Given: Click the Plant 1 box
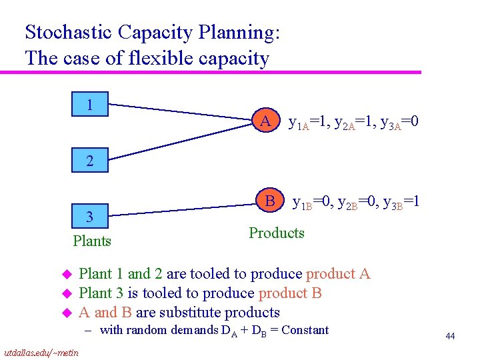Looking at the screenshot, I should tap(89, 105).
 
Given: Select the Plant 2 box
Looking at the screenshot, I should tap(89, 161).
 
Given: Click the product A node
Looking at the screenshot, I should tap(265, 121).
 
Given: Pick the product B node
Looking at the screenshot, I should tap(270, 200).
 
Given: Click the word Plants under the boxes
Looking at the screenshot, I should tap(92, 241).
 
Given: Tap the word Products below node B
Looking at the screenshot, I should tap(276, 233).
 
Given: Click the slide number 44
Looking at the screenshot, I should tap(450, 337).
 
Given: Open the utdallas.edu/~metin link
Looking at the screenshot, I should tap(41, 352).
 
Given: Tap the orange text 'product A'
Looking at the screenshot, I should tap(337, 273).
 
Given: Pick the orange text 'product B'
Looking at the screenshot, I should tap(290, 293).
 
